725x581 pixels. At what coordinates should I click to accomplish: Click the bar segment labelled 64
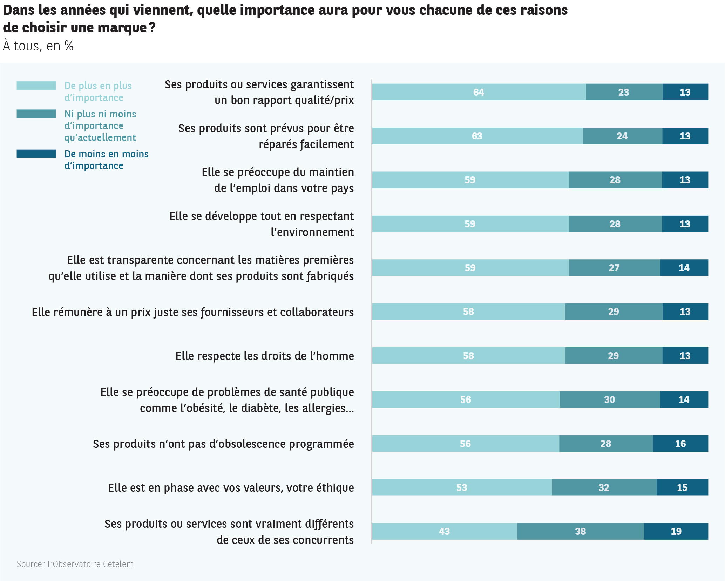tap(479, 92)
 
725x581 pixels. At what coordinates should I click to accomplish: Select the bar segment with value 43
tap(444, 531)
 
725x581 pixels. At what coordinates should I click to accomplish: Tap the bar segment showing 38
tap(580, 531)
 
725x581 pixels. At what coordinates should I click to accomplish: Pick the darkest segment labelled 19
tap(676, 531)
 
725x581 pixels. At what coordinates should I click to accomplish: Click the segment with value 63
tap(477, 136)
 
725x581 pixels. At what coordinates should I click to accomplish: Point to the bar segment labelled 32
tap(604, 487)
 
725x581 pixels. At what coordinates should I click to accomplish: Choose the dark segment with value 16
tap(680, 444)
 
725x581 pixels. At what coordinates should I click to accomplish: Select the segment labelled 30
tap(609, 399)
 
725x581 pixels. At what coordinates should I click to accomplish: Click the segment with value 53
tap(462, 487)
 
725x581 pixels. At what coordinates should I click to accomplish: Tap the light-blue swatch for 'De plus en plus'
tap(36, 86)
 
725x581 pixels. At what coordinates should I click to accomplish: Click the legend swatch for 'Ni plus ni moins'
tap(36, 114)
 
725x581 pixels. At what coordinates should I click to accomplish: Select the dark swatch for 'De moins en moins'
tap(36, 154)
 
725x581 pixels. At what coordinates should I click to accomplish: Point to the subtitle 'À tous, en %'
tap(38, 46)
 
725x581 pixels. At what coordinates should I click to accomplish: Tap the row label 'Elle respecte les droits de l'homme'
tap(265, 356)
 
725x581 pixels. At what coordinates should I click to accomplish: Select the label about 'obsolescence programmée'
tap(223, 444)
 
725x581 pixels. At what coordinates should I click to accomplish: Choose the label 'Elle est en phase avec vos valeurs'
tap(231, 488)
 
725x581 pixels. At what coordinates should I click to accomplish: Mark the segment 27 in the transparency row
tap(614, 268)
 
